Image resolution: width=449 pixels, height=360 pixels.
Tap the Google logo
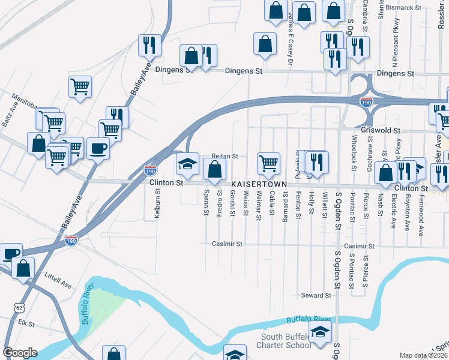[20, 353]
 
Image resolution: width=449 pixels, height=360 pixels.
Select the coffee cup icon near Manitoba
[98, 148]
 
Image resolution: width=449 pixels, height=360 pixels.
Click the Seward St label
[316, 295]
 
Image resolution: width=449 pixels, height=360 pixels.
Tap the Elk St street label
[26, 323]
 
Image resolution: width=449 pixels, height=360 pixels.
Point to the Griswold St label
[380, 130]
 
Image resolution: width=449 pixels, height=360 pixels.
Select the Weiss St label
[246, 204]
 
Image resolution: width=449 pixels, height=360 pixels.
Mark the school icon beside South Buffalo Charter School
[321, 332]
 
